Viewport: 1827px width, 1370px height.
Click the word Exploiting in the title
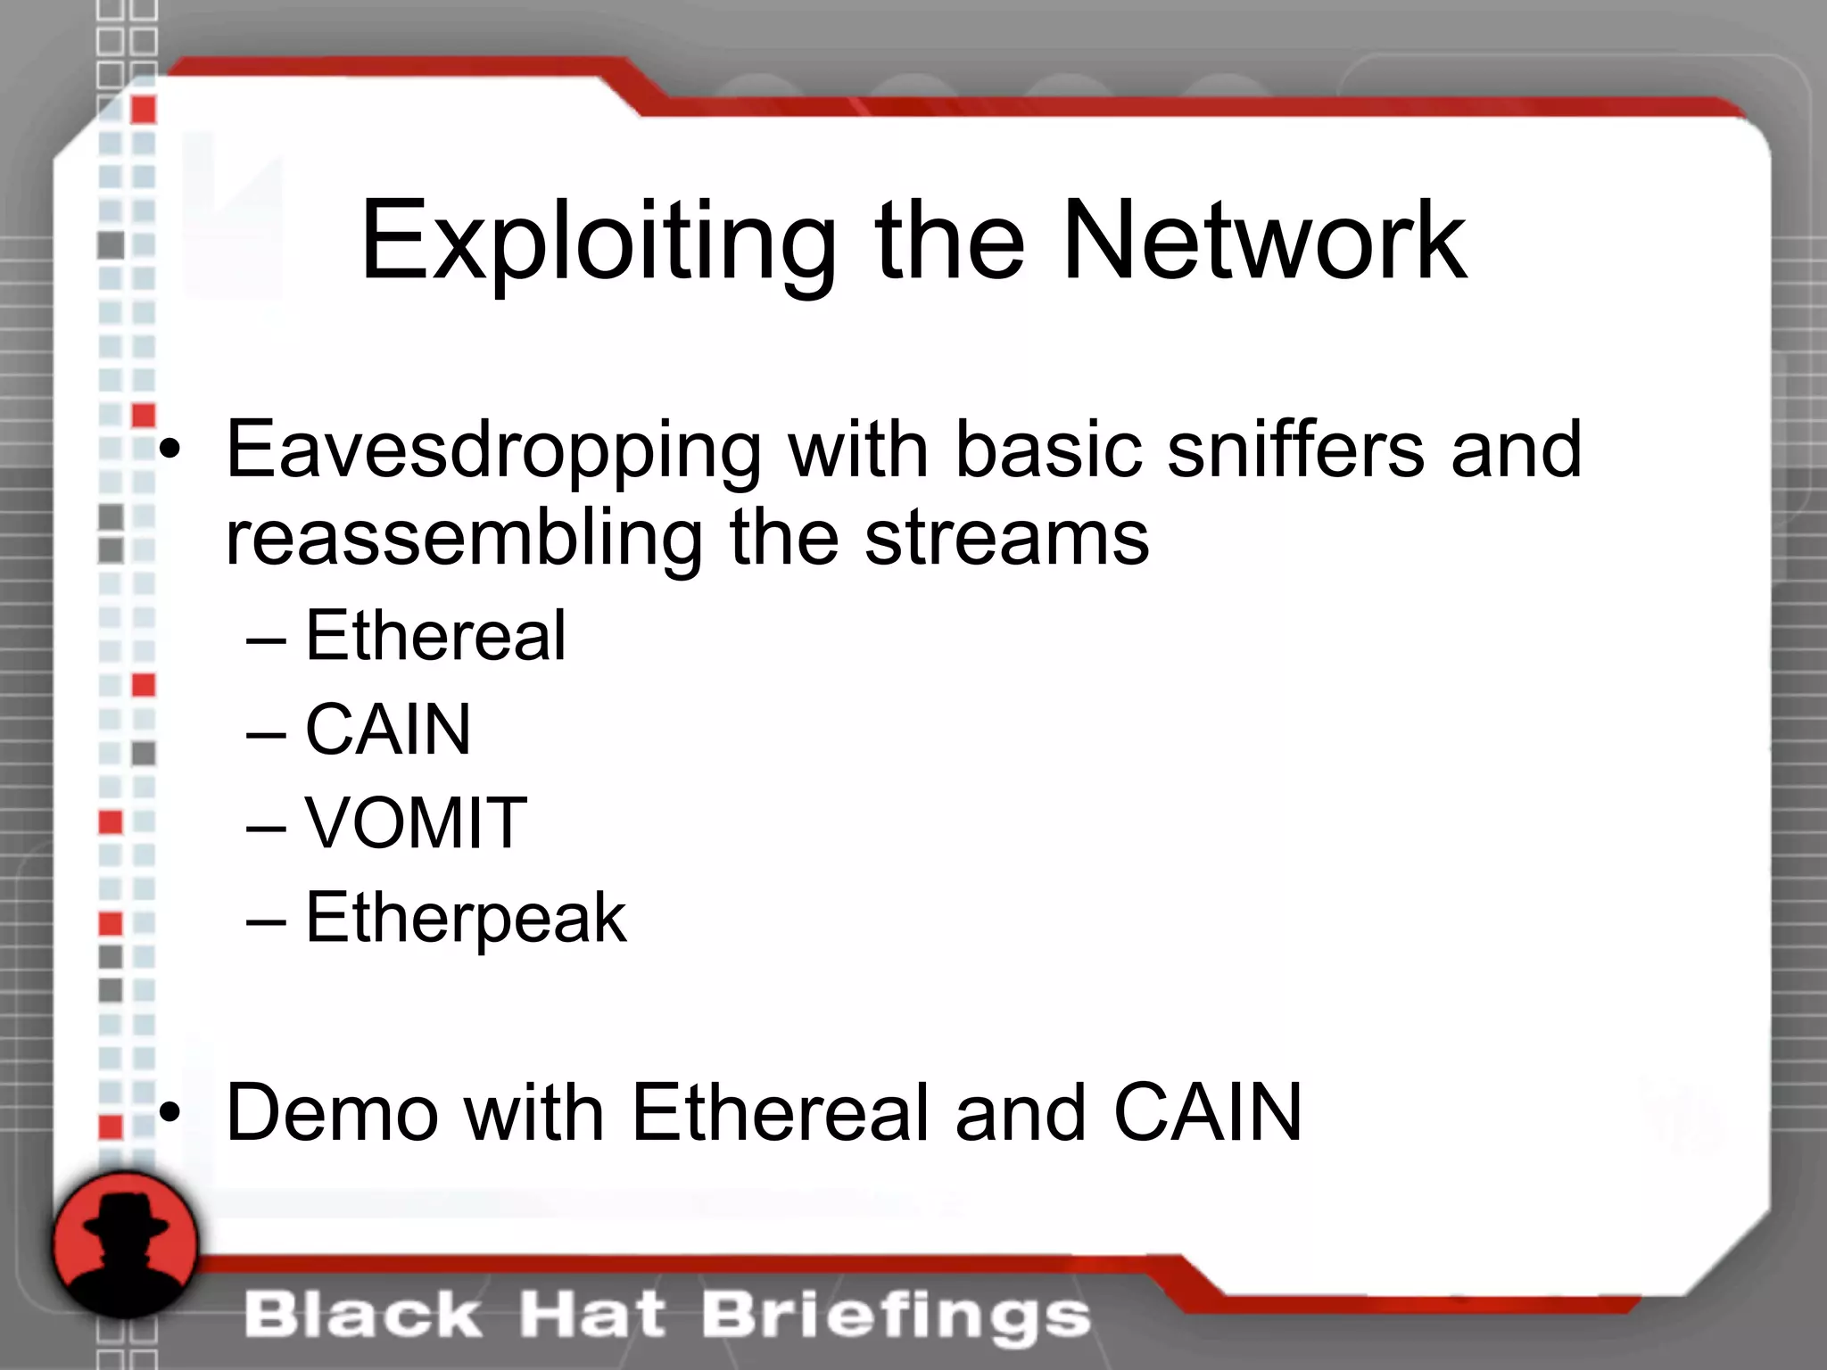point(598,243)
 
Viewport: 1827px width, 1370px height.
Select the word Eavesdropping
point(493,450)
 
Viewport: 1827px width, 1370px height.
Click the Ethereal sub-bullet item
point(435,635)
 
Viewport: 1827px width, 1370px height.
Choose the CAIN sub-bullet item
point(388,729)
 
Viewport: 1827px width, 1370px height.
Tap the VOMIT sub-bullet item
point(416,822)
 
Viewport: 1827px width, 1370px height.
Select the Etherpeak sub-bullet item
point(466,918)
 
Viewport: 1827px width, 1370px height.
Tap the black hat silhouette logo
point(125,1245)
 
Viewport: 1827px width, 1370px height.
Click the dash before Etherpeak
point(266,920)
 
